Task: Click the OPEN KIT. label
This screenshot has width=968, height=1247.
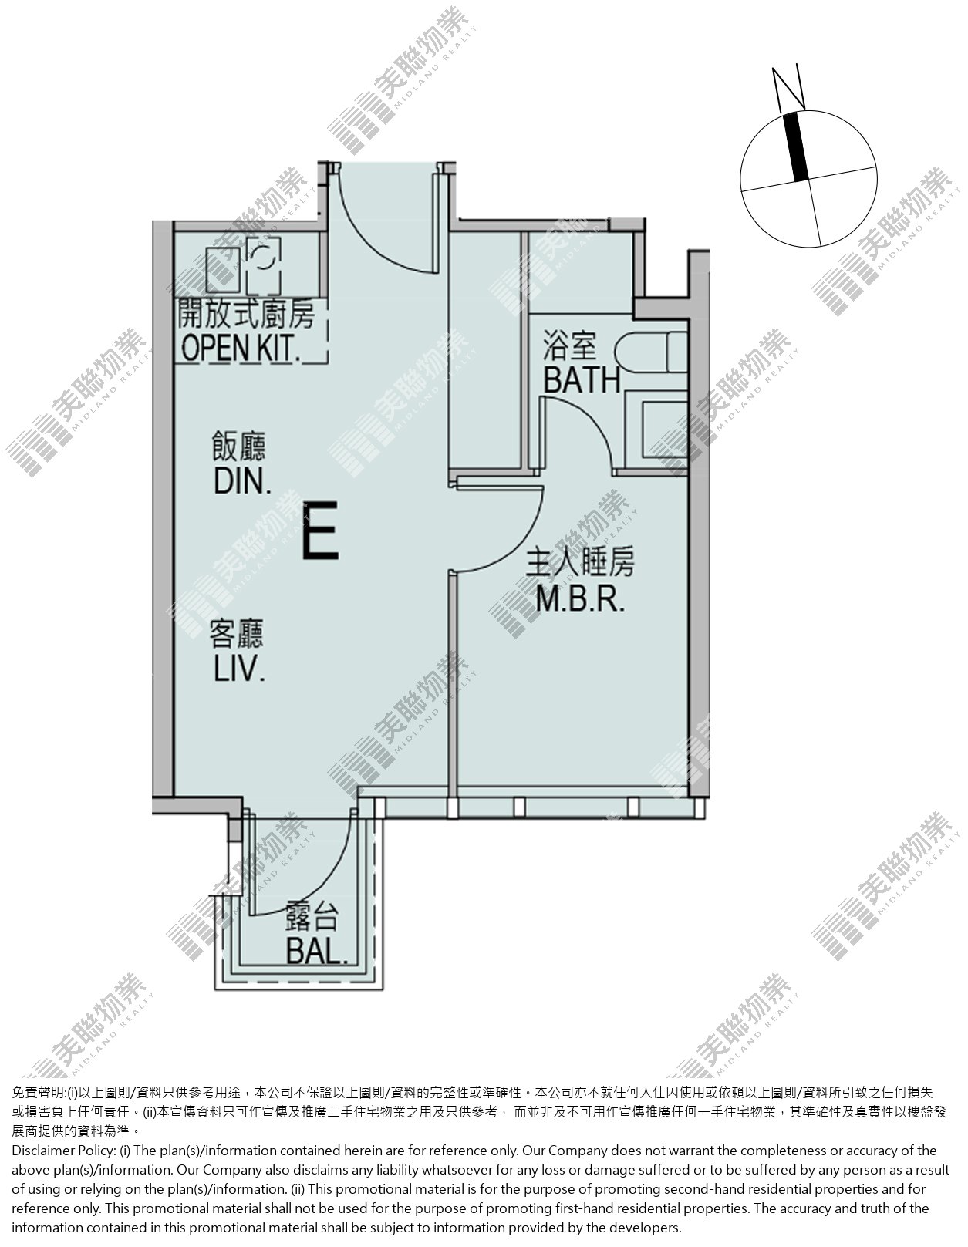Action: (x=241, y=348)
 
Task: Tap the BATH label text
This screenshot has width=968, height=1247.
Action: (x=582, y=380)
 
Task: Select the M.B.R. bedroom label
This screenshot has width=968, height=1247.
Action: (x=580, y=599)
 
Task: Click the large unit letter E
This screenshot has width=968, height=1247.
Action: (x=320, y=531)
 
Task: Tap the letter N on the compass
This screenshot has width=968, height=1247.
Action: (x=788, y=89)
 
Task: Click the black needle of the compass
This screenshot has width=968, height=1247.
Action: (x=796, y=147)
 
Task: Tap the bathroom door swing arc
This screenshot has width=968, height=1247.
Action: (x=591, y=425)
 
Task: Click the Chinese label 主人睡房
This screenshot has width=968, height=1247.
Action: (x=580, y=562)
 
